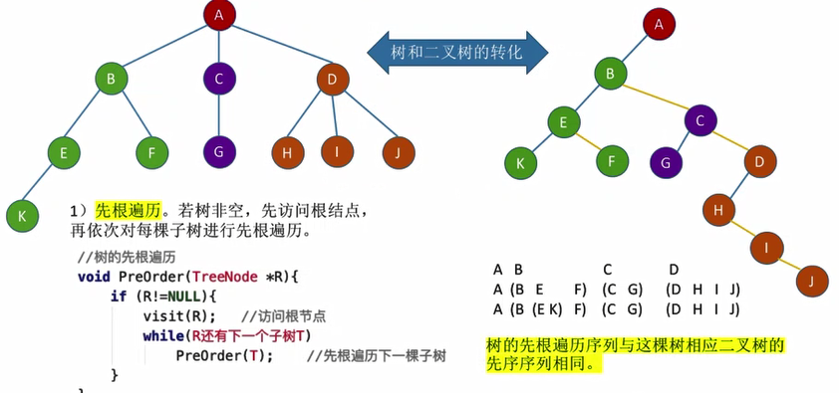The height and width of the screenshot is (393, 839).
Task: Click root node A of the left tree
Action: tap(218, 16)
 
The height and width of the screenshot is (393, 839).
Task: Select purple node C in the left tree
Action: tap(218, 78)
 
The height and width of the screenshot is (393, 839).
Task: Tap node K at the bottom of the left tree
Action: tap(20, 214)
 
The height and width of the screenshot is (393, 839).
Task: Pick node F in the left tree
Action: tap(151, 152)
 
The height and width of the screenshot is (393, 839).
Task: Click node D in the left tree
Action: tap(332, 78)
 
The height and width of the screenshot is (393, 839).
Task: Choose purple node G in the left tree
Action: tap(218, 152)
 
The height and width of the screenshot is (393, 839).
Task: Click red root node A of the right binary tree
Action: tap(658, 23)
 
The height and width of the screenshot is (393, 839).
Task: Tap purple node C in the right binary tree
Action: tap(701, 122)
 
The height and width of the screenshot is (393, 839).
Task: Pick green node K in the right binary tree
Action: tap(518, 159)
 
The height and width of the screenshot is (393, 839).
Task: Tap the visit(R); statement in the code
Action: tap(178, 315)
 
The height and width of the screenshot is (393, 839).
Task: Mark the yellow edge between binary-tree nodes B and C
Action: tap(653, 97)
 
